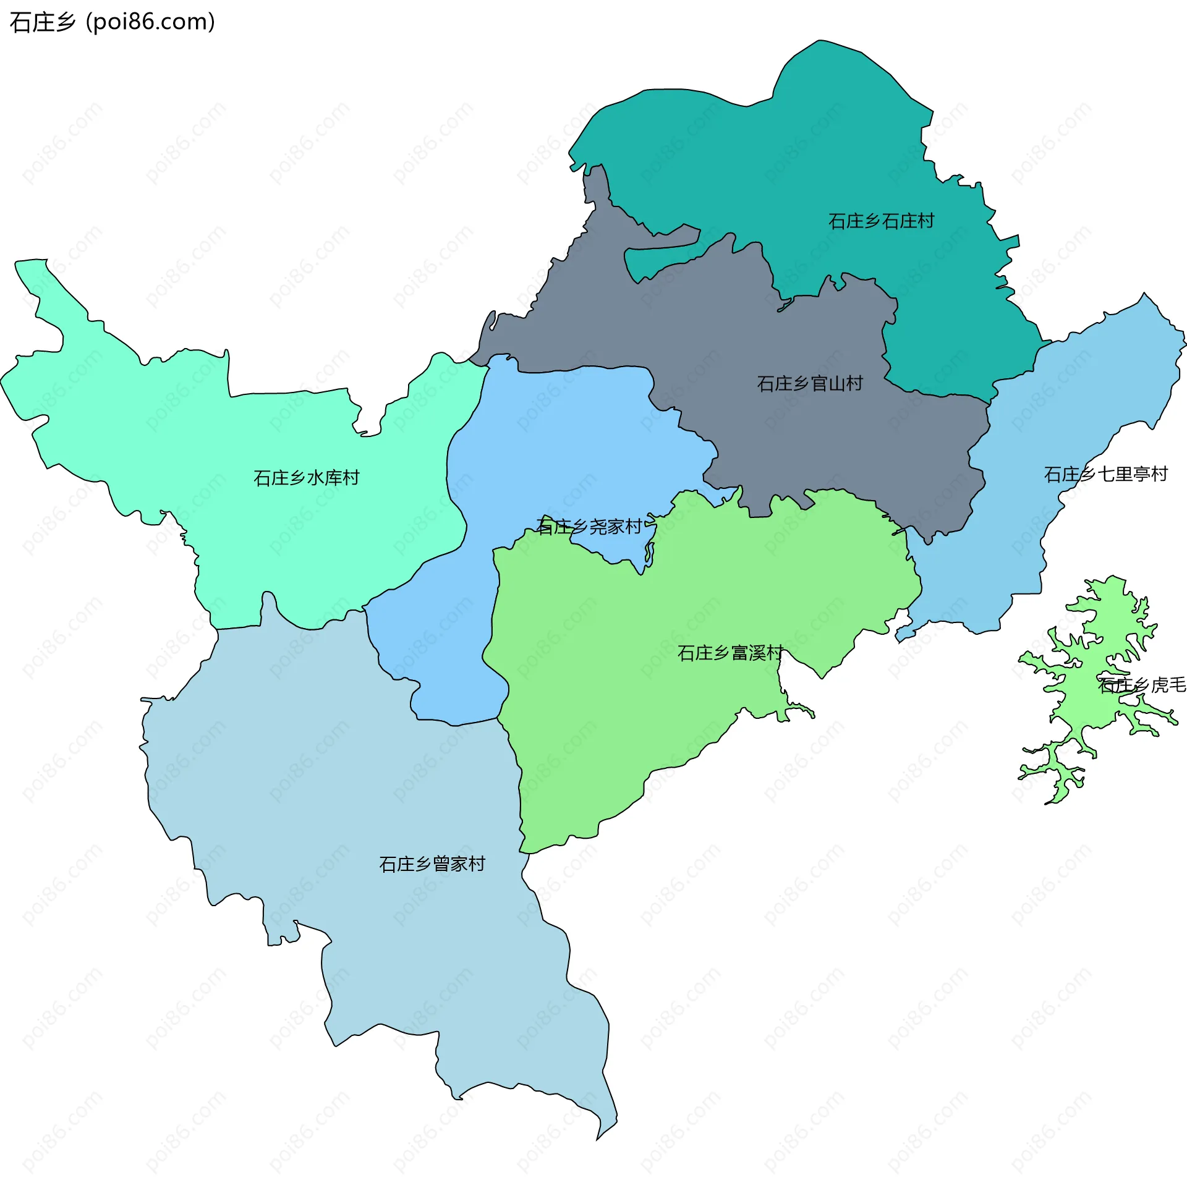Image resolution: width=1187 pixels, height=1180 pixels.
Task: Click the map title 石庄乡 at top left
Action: pos(42,22)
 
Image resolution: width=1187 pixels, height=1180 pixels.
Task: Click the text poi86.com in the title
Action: pos(150,22)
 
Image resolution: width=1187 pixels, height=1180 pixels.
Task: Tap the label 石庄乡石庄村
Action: pos(880,221)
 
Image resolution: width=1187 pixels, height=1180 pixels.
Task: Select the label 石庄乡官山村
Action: pos(809,384)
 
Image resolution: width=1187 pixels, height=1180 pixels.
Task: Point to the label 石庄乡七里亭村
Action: pos(1105,474)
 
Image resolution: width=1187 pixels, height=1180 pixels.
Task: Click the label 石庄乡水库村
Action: pos(306,478)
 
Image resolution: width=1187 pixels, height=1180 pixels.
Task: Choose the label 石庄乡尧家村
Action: pos(589,527)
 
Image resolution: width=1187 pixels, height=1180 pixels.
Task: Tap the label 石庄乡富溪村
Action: pos(730,653)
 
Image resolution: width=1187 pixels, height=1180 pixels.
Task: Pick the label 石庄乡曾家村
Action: pos(432,864)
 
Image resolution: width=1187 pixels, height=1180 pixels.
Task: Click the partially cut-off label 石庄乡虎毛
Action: pos(1141,685)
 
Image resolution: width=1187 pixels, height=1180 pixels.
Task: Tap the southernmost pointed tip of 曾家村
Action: pos(598,1138)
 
